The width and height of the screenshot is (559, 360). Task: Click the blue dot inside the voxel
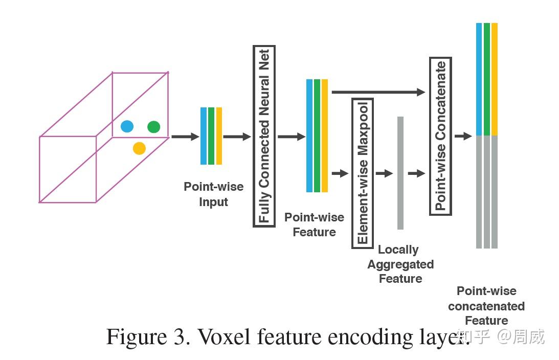(127, 126)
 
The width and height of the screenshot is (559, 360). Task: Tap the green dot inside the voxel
(153, 127)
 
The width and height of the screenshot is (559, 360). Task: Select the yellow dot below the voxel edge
(139, 148)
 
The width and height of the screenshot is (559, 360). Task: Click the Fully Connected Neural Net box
(264, 136)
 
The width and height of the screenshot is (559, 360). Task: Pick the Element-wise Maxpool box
(363, 173)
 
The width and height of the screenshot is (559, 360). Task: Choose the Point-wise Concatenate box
(440, 136)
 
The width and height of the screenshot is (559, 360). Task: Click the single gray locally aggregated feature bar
(400, 173)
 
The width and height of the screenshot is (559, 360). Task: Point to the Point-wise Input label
(214, 194)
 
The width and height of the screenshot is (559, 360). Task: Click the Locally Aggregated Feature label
(400, 264)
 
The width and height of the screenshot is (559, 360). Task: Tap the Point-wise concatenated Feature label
(486, 306)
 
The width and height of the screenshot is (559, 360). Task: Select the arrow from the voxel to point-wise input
(185, 137)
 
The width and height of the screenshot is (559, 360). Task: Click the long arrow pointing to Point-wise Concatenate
(378, 92)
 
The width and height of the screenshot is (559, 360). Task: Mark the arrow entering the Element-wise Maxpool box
(340, 173)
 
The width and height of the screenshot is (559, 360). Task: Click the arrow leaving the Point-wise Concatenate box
(463, 136)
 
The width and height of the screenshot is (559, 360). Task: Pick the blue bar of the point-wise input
(204, 136)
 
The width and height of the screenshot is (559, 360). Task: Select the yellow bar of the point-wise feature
(324, 136)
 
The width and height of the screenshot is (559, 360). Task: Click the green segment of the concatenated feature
(487, 79)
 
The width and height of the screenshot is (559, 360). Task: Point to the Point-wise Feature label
(314, 224)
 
